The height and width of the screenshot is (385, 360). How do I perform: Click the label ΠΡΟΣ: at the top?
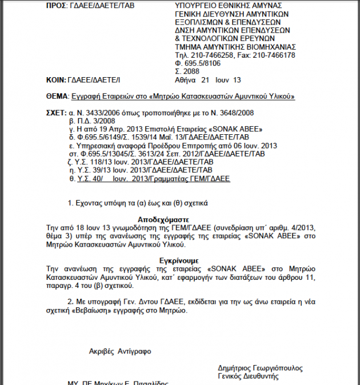coord(58,5)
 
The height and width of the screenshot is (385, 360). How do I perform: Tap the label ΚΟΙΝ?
coord(57,79)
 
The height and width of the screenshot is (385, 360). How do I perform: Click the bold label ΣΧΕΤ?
coord(56,113)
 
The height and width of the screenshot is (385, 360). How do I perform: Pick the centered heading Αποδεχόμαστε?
coord(163,219)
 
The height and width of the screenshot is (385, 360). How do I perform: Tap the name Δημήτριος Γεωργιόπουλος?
coord(260,368)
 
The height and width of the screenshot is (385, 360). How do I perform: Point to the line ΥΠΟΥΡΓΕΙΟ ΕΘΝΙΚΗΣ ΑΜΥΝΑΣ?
coord(223,5)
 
